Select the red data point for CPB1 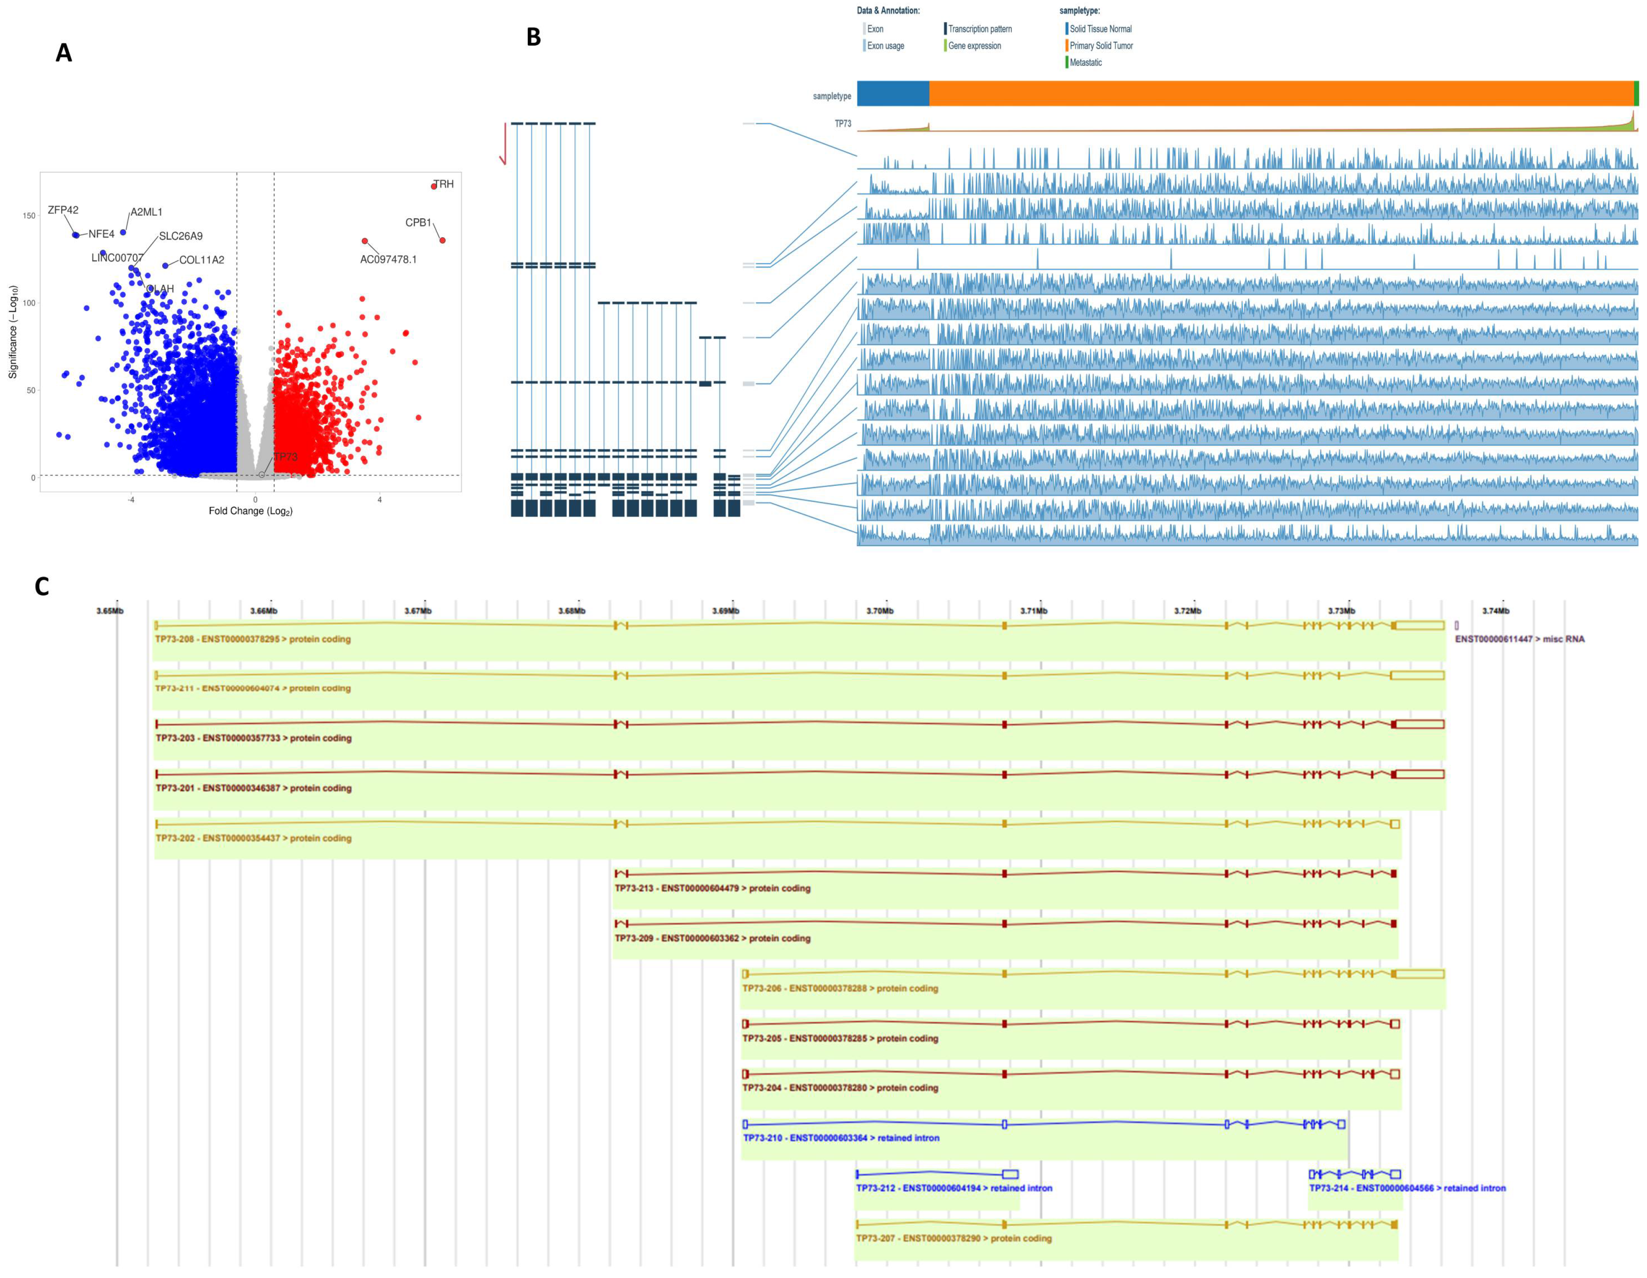click(443, 240)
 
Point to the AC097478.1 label click(388, 259)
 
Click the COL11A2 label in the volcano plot click(201, 260)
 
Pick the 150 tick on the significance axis click(28, 216)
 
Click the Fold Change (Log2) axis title click(251, 511)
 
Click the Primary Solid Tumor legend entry click(1100, 46)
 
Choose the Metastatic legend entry click(1085, 63)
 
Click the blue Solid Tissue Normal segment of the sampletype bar click(893, 93)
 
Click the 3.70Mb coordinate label click(879, 610)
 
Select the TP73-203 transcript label click(253, 738)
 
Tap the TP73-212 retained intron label click(953, 1188)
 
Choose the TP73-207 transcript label click(953, 1238)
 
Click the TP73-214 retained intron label click(1407, 1188)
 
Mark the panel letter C click(42, 587)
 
